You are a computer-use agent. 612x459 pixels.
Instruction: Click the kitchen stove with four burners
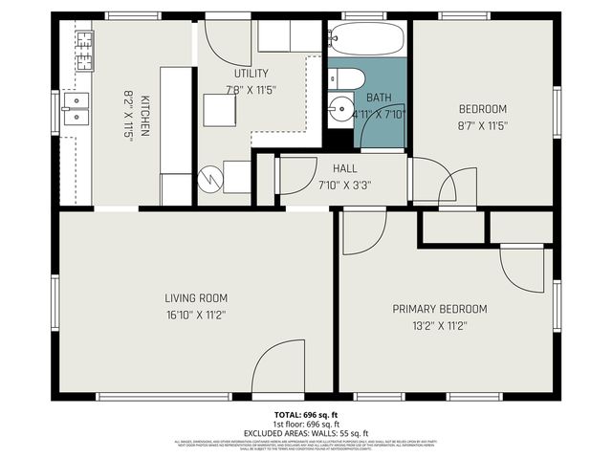85,50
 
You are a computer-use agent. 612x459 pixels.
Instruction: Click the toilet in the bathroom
345,78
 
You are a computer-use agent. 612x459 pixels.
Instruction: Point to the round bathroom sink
339,109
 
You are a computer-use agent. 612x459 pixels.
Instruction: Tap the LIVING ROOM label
195,297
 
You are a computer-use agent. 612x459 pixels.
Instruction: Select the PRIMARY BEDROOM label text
440,309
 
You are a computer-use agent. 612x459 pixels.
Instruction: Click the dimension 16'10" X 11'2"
195,314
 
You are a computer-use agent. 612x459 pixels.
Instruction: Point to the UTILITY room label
251,74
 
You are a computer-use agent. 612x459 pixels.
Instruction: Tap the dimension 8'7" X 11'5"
482,124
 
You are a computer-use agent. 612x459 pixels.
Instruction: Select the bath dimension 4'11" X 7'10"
380,114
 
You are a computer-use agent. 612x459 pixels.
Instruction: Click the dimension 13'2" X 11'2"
440,325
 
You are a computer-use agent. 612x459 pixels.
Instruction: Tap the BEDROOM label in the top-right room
482,108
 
